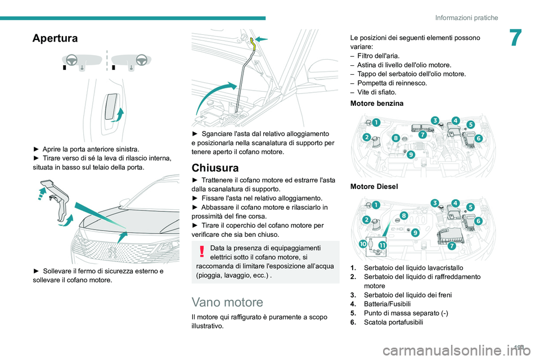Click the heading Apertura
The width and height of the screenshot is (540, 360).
pos(56,38)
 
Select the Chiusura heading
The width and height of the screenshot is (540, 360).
pos(215,168)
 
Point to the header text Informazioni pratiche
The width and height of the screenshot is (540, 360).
pos(466,17)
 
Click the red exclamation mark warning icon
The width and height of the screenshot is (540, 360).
pos(201,251)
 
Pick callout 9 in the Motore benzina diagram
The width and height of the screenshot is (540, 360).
pos(411,154)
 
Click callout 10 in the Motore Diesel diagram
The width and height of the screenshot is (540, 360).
pos(363,244)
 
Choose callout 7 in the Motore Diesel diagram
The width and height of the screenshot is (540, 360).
pos(452,246)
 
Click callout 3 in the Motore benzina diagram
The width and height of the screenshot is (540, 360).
pos(435,119)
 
